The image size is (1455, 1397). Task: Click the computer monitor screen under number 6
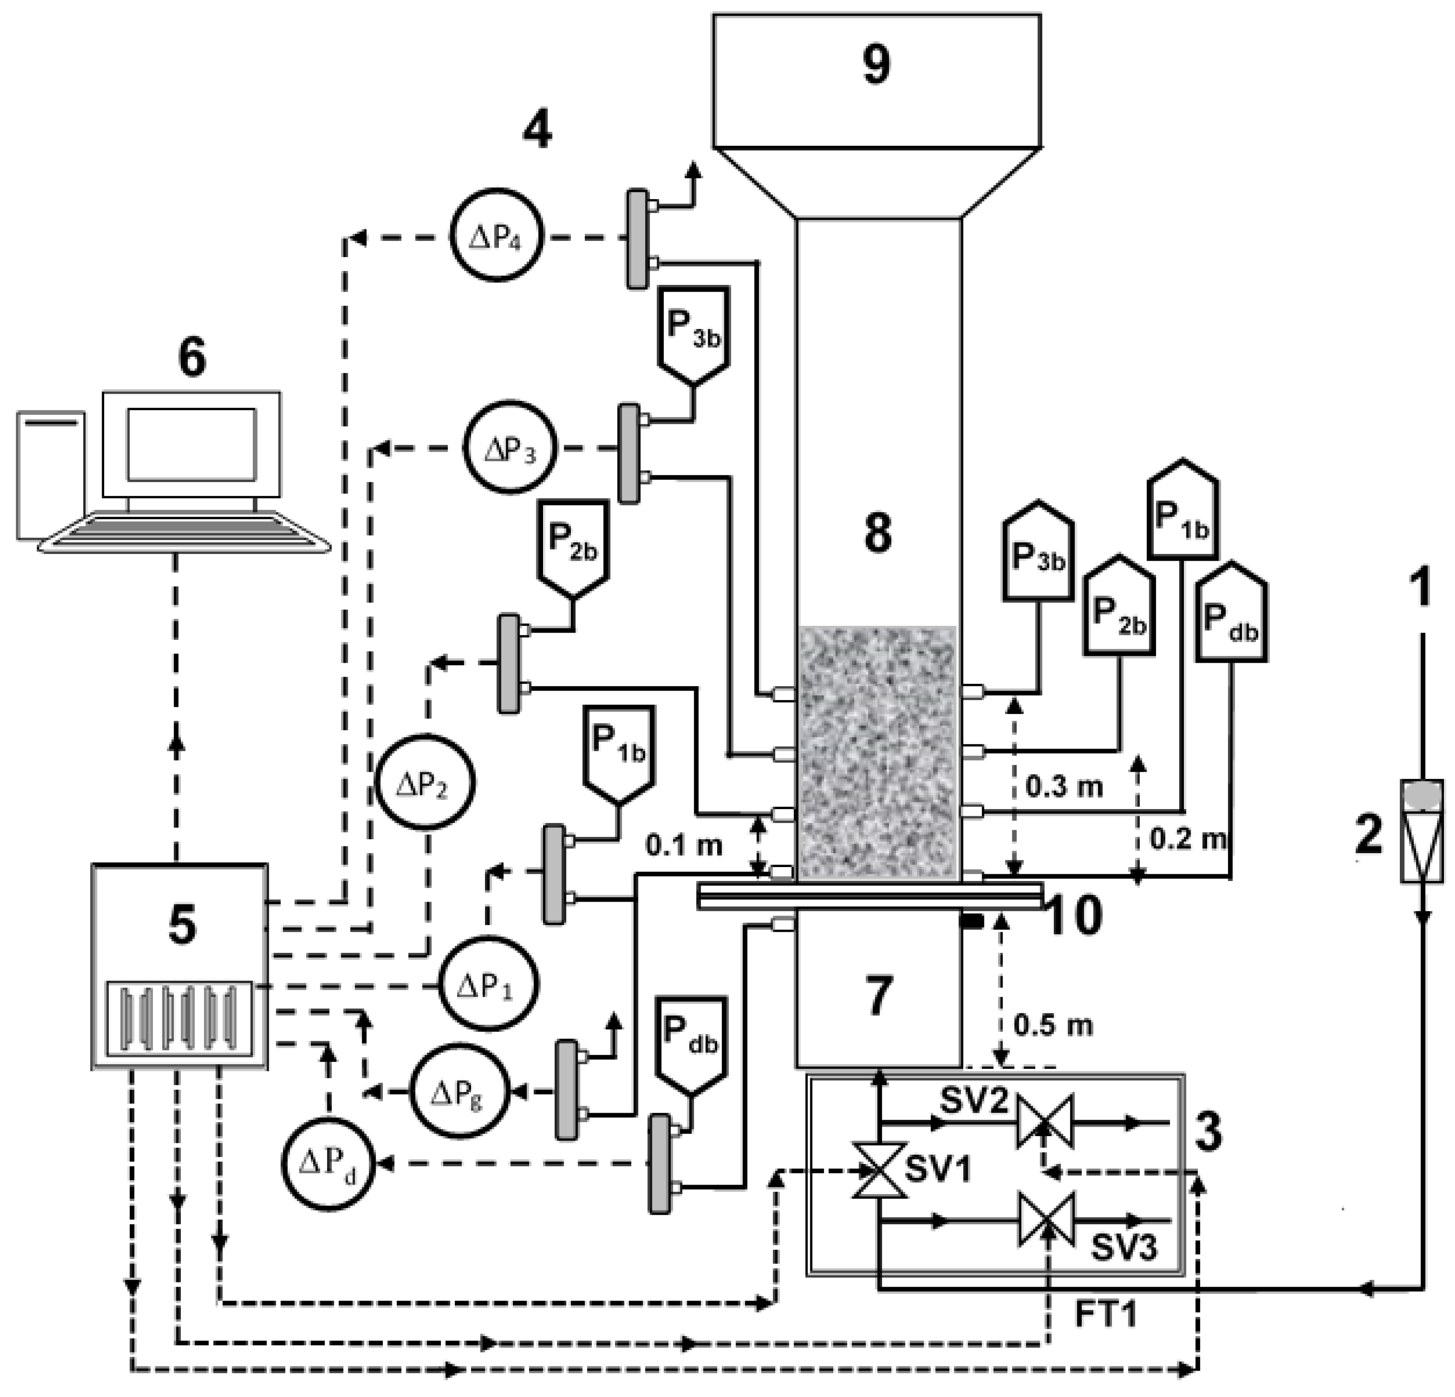click(x=191, y=445)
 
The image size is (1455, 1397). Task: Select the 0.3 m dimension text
click(x=1064, y=786)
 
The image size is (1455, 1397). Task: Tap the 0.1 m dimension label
click(x=683, y=845)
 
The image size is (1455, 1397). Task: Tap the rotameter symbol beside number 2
click(x=1421, y=832)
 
